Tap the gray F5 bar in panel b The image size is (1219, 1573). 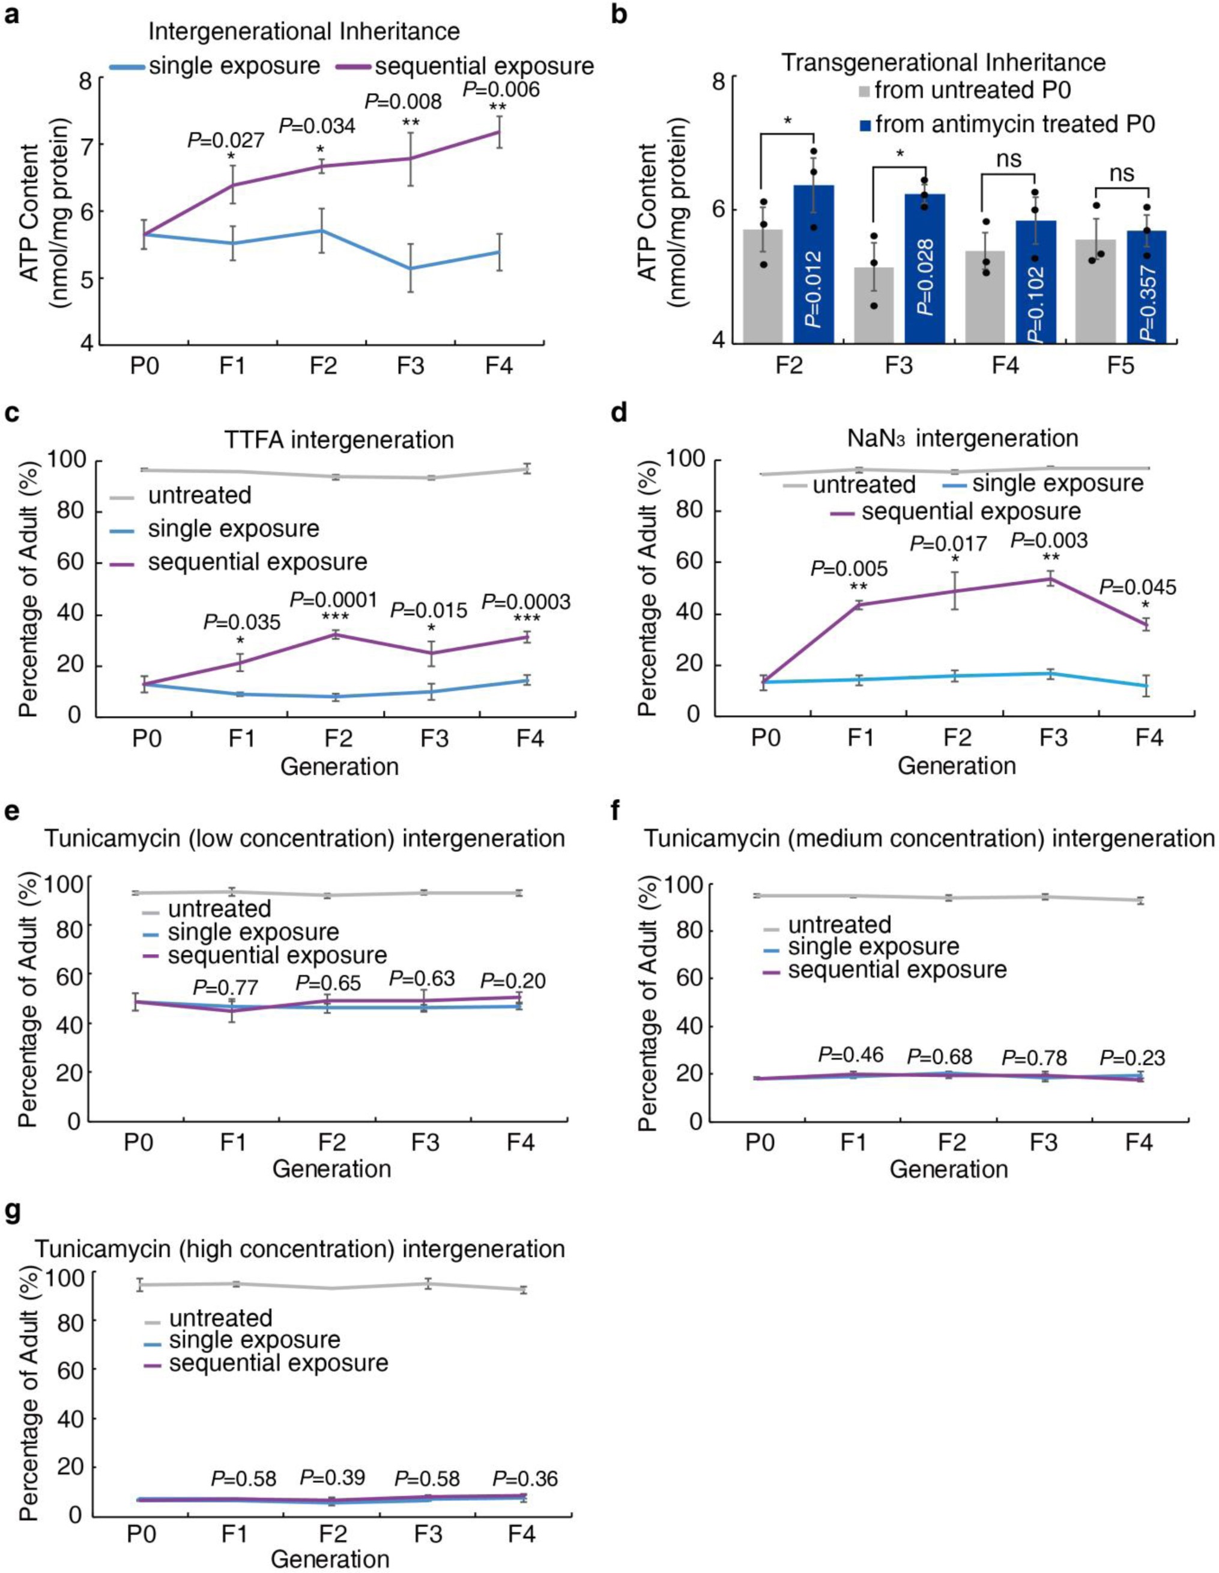(x=1095, y=291)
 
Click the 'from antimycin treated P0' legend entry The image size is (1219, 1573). (x=1009, y=124)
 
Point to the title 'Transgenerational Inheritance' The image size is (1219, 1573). (x=944, y=62)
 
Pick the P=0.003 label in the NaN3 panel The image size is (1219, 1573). (x=1050, y=540)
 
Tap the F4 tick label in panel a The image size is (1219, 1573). (x=499, y=366)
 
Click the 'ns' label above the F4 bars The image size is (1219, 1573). (x=1009, y=159)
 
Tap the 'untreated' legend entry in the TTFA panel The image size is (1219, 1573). (x=199, y=496)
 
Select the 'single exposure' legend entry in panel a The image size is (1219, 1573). (x=234, y=66)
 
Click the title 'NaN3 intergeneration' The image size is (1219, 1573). (x=961, y=438)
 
